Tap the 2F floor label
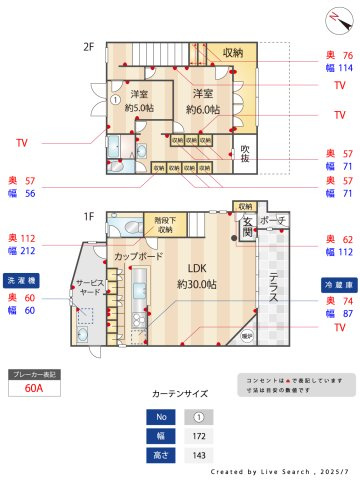88,47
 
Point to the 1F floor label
88,216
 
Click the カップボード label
138,257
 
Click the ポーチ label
273,219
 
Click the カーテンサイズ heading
180,394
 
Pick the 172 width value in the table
200,435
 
